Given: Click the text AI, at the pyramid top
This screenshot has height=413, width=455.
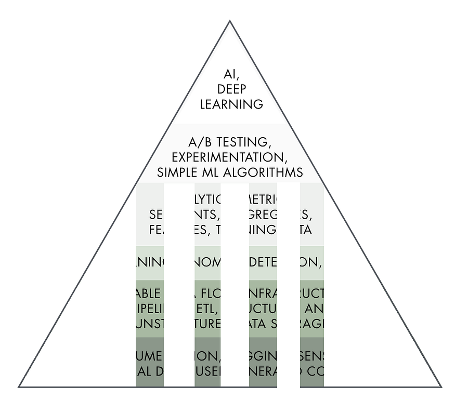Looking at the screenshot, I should pyautogui.click(x=231, y=73).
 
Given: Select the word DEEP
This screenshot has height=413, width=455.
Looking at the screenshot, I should pyautogui.click(x=231, y=88).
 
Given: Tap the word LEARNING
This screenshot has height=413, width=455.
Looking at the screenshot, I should pyautogui.click(x=231, y=104).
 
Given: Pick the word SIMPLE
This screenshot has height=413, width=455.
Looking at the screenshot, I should pyautogui.click(x=178, y=171).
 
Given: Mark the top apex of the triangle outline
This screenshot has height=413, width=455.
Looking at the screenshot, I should pyautogui.click(x=230, y=21).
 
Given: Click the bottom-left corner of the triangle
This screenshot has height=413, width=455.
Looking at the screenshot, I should pyautogui.click(x=19, y=387).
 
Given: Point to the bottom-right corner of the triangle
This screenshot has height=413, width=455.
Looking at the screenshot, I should pyautogui.click(x=441, y=387).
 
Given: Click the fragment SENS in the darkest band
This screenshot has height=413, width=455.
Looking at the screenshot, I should pyautogui.click(x=311, y=356).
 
